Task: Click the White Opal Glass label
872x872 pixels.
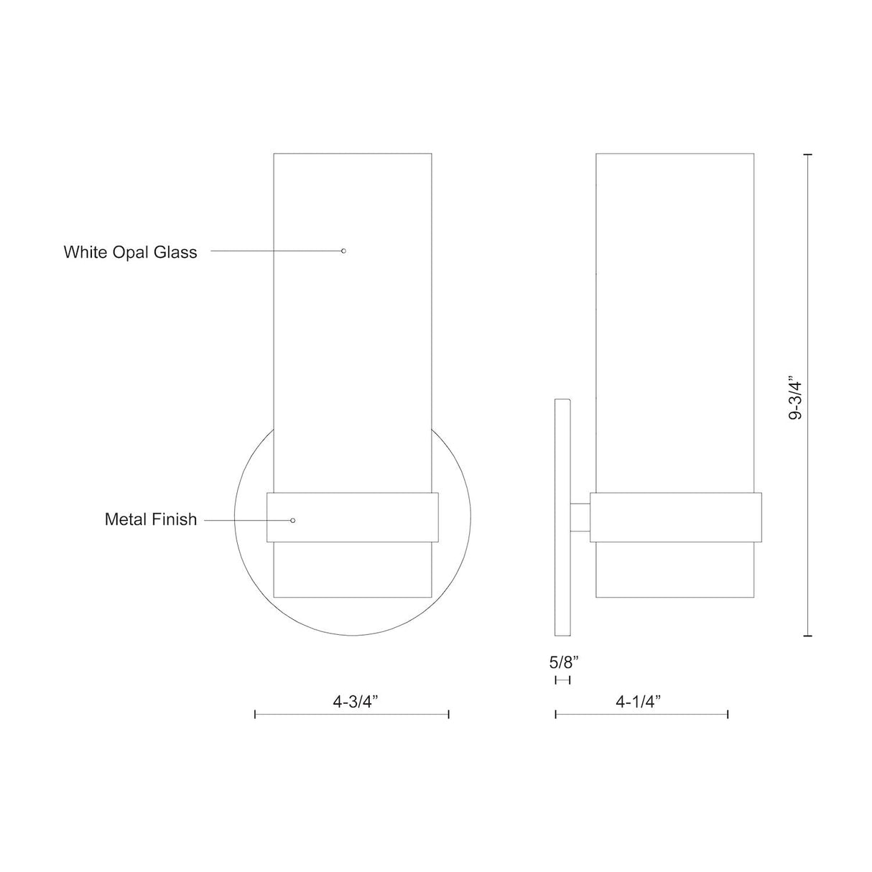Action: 130,252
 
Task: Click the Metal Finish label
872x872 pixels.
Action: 151,519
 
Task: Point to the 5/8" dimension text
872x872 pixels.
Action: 564,662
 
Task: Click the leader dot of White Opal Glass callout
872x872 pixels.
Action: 343,251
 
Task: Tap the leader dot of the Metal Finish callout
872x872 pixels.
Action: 293,520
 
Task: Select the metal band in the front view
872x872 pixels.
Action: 353,516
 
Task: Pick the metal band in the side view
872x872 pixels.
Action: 676,516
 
